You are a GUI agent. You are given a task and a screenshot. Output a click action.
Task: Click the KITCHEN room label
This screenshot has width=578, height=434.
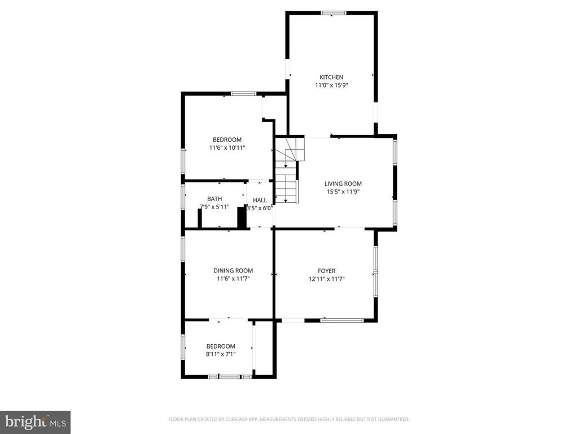(x=331, y=77)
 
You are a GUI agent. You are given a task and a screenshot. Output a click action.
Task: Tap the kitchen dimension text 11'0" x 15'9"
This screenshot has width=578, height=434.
(x=331, y=85)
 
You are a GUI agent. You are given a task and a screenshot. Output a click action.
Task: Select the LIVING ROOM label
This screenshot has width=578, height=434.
(x=343, y=184)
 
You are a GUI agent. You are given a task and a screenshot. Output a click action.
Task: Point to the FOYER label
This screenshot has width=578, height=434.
(x=326, y=271)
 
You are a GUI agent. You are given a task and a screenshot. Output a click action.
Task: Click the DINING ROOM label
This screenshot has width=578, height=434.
(x=233, y=271)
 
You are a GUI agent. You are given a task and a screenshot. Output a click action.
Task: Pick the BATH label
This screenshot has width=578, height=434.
(x=214, y=199)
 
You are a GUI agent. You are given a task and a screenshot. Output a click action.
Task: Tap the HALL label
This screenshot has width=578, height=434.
(x=260, y=200)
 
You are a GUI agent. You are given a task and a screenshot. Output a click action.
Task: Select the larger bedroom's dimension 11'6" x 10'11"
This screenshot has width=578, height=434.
(x=227, y=147)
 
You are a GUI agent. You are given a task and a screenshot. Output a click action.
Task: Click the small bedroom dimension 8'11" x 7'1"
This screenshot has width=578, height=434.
(x=220, y=354)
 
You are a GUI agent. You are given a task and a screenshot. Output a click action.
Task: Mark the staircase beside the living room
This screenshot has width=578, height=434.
(x=288, y=170)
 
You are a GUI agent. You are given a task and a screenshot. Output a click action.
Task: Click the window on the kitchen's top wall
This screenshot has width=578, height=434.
(x=334, y=12)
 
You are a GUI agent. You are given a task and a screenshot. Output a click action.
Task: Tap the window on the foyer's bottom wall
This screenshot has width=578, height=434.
(x=342, y=320)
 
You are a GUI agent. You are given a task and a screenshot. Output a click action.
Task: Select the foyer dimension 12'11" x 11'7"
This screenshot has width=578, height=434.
(x=326, y=279)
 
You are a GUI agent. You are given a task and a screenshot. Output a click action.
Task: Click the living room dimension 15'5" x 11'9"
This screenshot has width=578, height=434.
(x=343, y=192)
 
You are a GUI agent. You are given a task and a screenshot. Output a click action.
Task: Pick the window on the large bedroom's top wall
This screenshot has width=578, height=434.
(x=243, y=93)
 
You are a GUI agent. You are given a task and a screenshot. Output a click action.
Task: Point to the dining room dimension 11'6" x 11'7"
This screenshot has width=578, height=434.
(x=233, y=279)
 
